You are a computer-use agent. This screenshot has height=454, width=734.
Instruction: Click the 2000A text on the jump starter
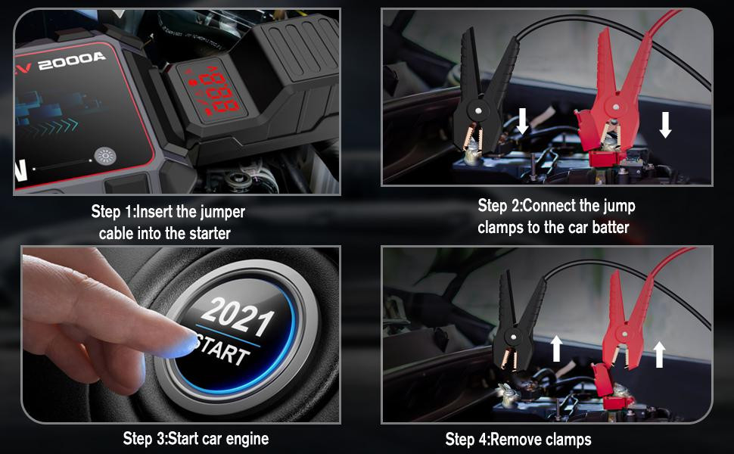coord(72,61)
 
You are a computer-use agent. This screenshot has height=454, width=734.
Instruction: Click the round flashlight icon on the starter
coord(105,157)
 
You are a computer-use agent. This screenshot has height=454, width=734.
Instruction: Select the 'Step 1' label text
coord(112,212)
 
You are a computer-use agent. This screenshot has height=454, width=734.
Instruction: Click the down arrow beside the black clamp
coord(522,121)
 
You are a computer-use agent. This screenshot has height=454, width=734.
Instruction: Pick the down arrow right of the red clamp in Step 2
coord(665,125)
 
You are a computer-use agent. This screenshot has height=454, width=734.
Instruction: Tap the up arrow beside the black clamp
coord(556,349)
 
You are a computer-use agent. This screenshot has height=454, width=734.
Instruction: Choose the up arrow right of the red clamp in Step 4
coord(659,354)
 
